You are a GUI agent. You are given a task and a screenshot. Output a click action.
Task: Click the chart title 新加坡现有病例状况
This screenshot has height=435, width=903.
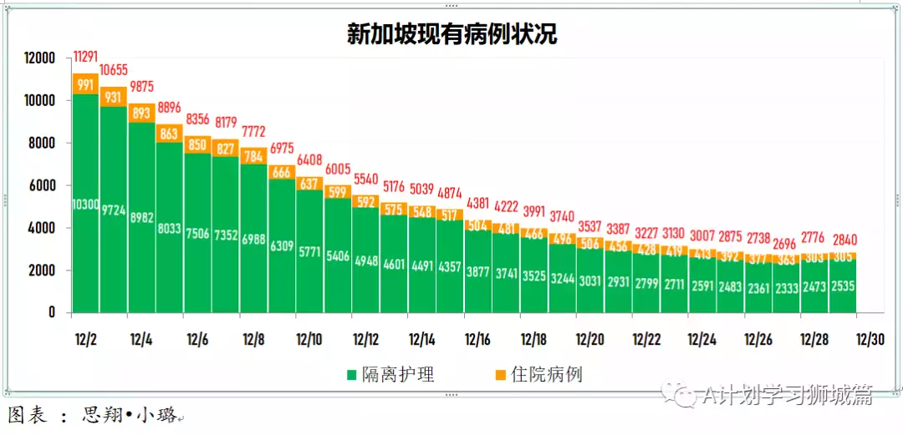point(451,34)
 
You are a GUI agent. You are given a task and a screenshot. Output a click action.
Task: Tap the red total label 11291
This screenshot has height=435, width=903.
point(86,57)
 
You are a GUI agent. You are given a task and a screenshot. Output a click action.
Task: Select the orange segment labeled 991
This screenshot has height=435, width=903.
point(85,84)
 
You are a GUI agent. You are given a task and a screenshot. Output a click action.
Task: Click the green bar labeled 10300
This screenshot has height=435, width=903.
point(85,205)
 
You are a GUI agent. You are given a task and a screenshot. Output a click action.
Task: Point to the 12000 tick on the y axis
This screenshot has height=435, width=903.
point(38,58)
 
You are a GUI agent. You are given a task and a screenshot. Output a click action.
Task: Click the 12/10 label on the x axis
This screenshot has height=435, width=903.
point(309,340)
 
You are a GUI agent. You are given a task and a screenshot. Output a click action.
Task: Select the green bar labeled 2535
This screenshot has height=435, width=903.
point(842,286)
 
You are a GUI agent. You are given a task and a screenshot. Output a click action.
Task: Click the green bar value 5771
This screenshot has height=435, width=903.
point(309,250)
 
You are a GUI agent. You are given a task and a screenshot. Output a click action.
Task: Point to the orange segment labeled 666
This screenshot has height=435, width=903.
point(282,172)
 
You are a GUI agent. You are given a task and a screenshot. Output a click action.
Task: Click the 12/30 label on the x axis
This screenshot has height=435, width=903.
point(870,340)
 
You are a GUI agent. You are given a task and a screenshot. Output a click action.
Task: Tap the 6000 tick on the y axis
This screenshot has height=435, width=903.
point(41,185)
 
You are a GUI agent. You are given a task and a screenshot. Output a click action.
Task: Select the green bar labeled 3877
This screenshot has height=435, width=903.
point(477,271)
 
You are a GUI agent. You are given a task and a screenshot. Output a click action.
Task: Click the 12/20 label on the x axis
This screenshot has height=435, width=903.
point(590,340)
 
